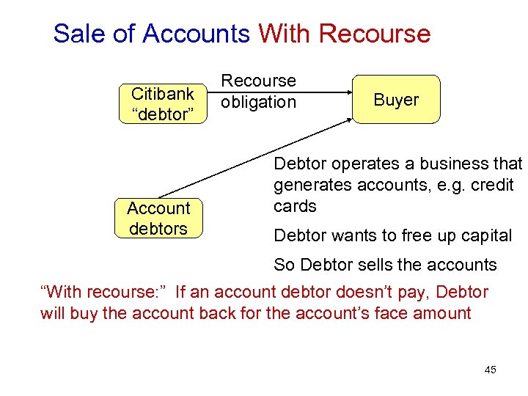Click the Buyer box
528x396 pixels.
(396, 99)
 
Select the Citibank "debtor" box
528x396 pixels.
(162, 103)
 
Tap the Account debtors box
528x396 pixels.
(158, 219)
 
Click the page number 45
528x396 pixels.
(491, 370)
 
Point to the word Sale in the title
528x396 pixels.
(75, 34)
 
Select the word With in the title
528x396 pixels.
(285, 34)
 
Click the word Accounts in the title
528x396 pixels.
(197, 34)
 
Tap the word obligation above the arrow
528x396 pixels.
(258, 102)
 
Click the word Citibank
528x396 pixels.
(162, 94)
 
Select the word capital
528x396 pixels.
(485, 235)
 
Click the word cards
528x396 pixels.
(295, 206)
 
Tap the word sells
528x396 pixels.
(357, 265)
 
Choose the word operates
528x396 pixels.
(357, 164)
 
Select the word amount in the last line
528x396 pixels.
(443, 313)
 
